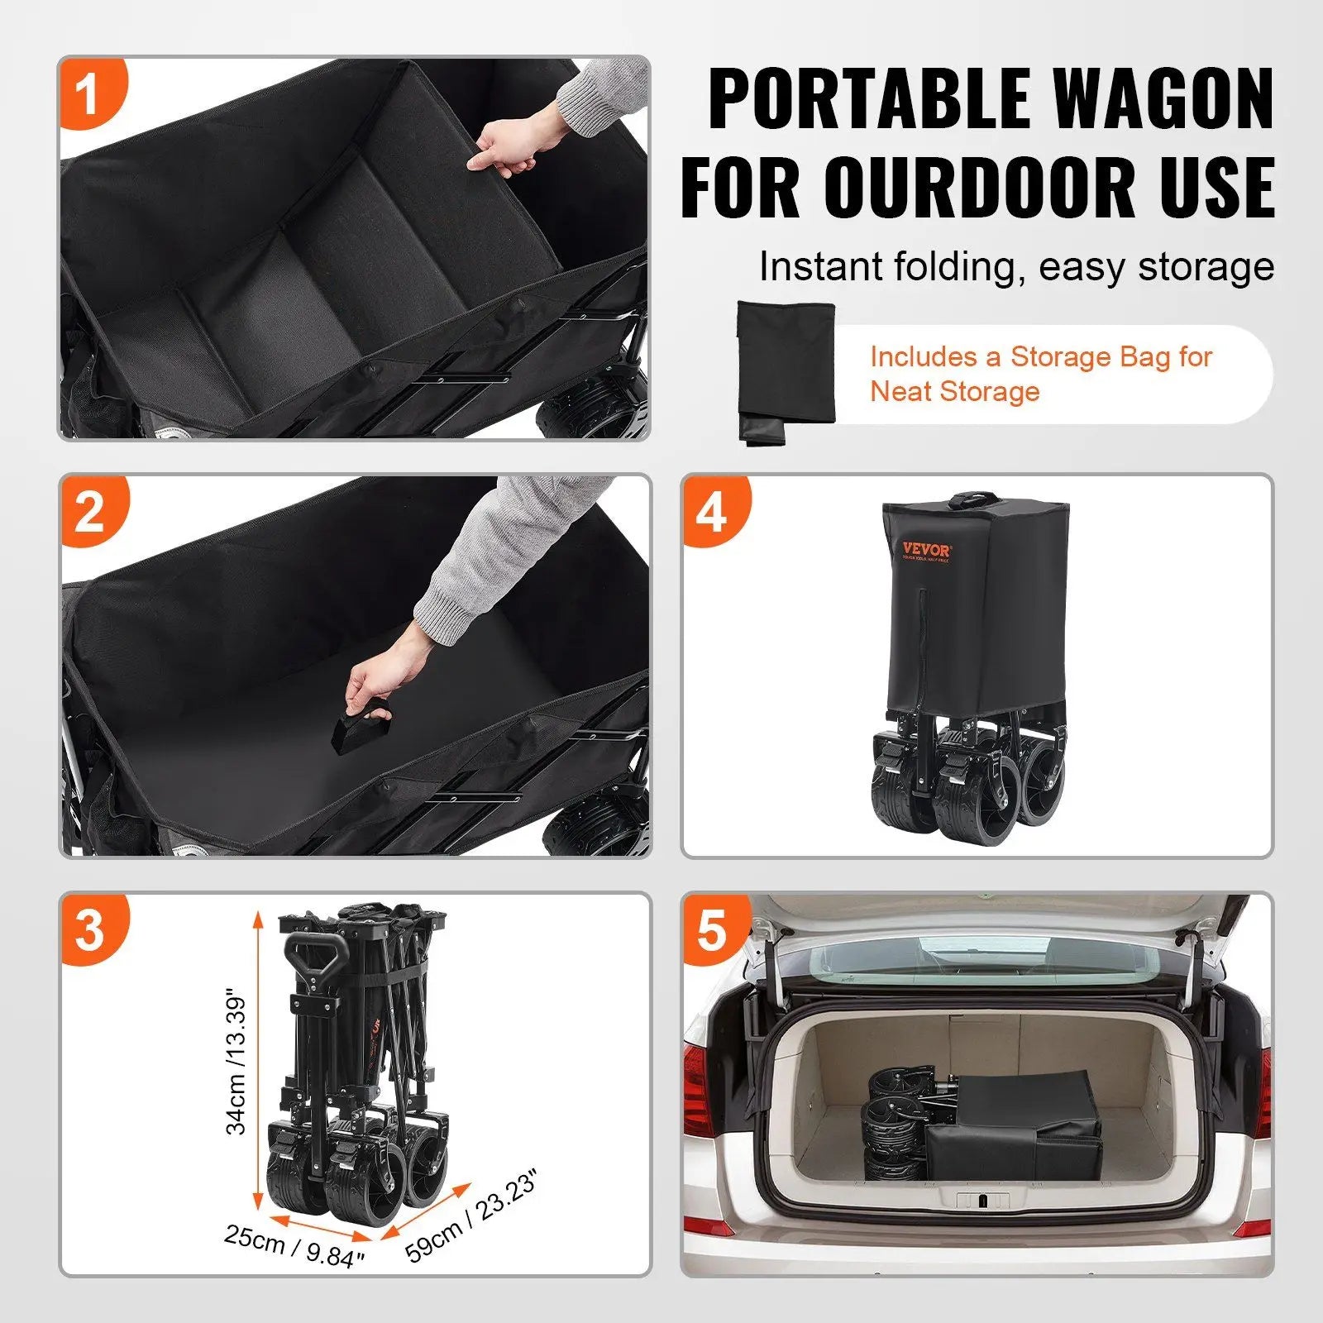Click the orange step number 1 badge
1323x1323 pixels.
coord(88,93)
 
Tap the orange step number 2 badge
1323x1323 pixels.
coord(91,512)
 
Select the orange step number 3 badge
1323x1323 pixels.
coord(91,929)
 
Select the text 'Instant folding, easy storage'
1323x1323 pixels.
coord(1016,267)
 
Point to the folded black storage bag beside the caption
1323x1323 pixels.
coord(785,371)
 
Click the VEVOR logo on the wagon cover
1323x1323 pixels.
coord(926,551)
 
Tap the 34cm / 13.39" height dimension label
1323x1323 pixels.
coord(236,1062)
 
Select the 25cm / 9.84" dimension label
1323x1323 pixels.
coord(294,1247)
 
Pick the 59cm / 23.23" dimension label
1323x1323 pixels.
coord(472,1216)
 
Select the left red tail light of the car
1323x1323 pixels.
coord(700,1091)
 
